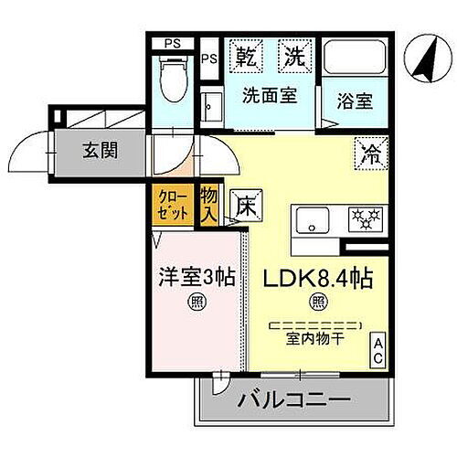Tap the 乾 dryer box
[246, 58]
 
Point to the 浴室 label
[352, 101]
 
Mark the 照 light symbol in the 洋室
[197, 302]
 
